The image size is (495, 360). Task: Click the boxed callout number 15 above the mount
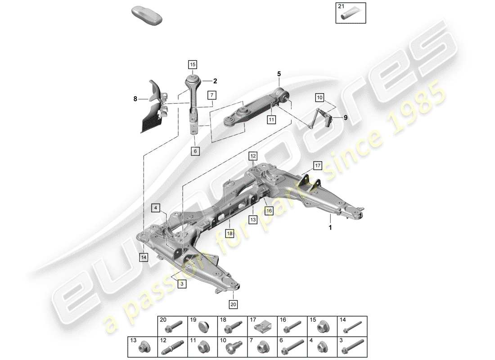point(193,65)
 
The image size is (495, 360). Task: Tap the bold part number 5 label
point(279,73)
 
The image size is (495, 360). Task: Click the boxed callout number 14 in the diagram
point(144,257)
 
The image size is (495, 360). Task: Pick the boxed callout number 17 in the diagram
point(318,166)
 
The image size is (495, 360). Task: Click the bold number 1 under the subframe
point(330,228)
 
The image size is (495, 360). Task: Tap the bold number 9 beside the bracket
point(345,118)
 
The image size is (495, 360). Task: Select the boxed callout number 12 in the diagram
point(253,156)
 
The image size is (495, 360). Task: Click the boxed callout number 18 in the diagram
point(230,234)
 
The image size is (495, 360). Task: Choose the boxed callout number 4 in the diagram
point(155,208)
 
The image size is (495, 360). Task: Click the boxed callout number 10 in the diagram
point(319,97)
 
